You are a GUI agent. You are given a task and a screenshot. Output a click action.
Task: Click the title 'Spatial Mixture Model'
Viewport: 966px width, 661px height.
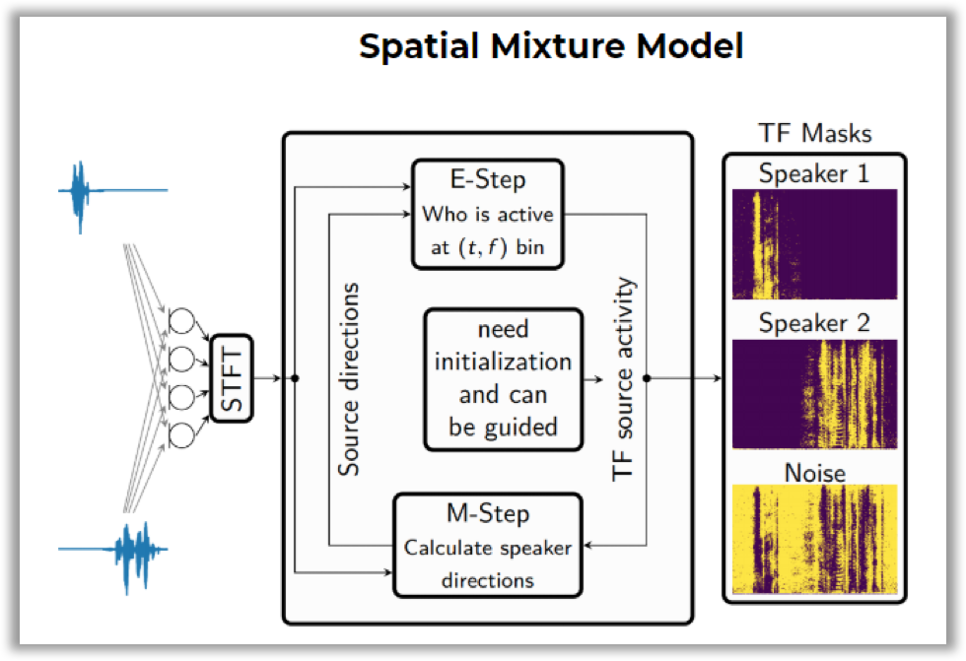pos(550,46)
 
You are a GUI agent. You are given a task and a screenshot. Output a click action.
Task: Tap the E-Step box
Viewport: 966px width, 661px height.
pos(487,214)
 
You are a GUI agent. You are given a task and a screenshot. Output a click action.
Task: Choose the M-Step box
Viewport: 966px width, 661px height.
pos(487,545)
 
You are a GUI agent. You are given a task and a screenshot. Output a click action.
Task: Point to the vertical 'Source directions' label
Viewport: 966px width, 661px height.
pos(349,379)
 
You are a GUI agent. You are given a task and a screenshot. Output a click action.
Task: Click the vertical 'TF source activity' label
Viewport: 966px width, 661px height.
pos(623,379)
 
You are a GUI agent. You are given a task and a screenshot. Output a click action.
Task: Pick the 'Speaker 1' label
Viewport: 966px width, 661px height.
pos(814,174)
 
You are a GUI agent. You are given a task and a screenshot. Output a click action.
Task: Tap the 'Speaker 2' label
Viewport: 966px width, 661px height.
pos(814,323)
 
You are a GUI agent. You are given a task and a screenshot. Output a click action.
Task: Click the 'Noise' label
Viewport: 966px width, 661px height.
pos(814,473)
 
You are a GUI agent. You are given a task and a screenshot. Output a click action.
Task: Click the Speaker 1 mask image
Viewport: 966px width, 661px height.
pos(814,244)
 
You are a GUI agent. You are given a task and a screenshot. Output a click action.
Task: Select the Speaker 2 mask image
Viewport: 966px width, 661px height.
pos(814,394)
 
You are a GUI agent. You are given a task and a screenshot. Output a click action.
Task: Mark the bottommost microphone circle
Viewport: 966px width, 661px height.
pos(182,433)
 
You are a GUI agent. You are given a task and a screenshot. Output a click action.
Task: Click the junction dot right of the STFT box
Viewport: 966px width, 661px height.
pos(296,378)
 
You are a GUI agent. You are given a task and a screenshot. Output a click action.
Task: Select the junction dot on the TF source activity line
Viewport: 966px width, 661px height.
pos(647,378)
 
